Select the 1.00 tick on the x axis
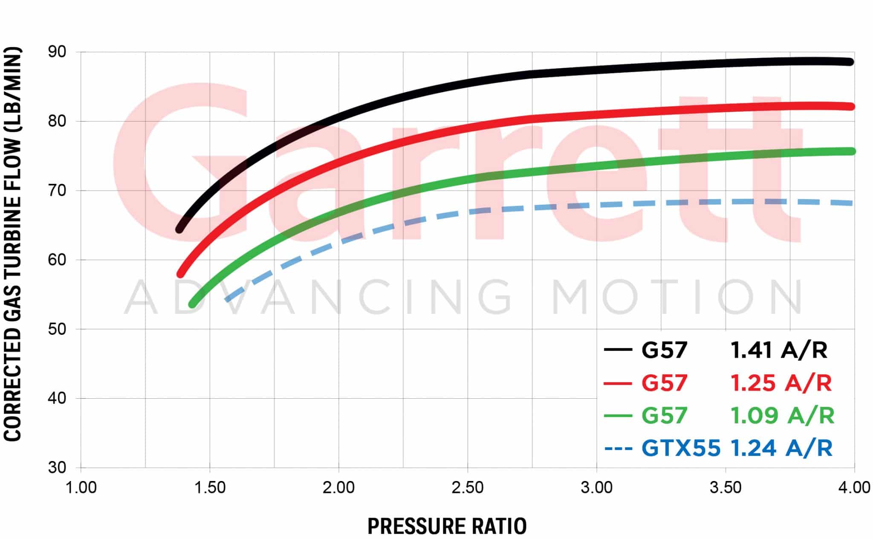coord(81,487)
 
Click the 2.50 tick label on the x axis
coord(468,487)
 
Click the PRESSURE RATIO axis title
coord(447,526)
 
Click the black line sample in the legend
coord(618,350)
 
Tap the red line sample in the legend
coord(618,383)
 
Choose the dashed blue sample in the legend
coord(618,449)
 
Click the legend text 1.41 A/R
coord(779,350)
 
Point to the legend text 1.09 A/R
coord(782,416)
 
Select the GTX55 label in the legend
coord(681,449)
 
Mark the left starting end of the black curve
coord(180,229)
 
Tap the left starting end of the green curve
coord(193,304)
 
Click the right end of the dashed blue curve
coord(851,203)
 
